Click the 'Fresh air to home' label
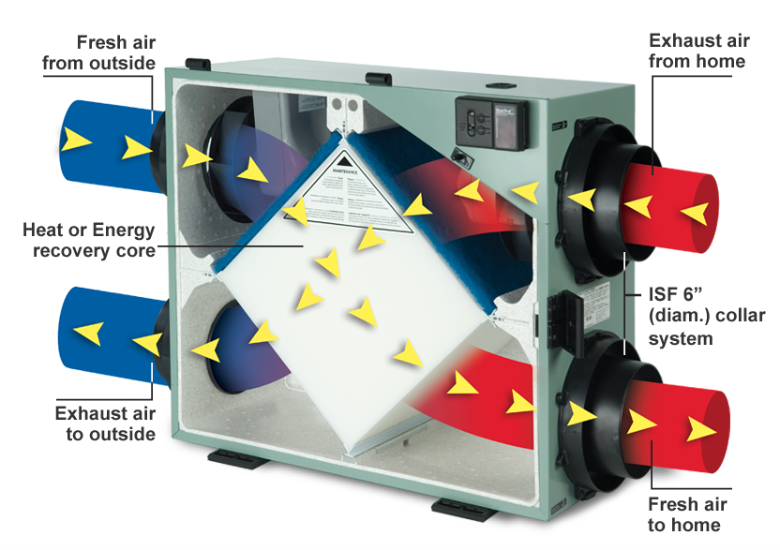point(686,514)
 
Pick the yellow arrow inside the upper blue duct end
point(78,141)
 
